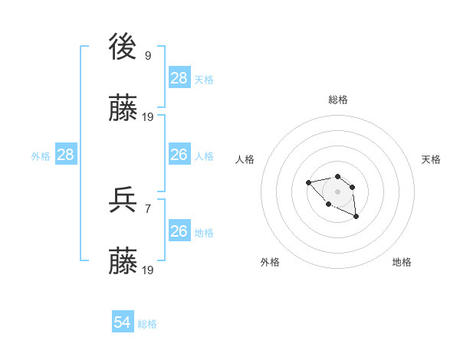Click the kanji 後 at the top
pyautogui.click(x=123, y=48)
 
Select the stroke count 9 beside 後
pyautogui.click(x=148, y=56)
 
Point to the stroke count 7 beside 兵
pyautogui.click(x=148, y=208)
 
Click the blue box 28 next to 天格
pyautogui.click(x=179, y=78)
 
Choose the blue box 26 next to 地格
pyautogui.click(x=179, y=231)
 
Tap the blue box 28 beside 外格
pyautogui.click(x=66, y=155)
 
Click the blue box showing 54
pyautogui.click(x=123, y=323)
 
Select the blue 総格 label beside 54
pyautogui.click(x=147, y=324)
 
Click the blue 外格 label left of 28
pyautogui.click(x=41, y=156)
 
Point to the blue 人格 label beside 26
pyautogui.click(x=204, y=156)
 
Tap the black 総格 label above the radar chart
pyautogui.click(x=338, y=100)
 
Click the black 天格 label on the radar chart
pyautogui.click(x=431, y=159)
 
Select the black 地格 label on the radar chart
pyautogui.click(x=402, y=262)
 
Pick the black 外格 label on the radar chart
pyautogui.click(x=270, y=262)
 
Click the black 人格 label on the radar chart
pyautogui.click(x=245, y=159)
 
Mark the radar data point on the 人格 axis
pyautogui.click(x=308, y=182)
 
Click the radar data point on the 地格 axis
pyautogui.click(x=356, y=218)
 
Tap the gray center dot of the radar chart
pyautogui.click(x=337, y=191)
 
